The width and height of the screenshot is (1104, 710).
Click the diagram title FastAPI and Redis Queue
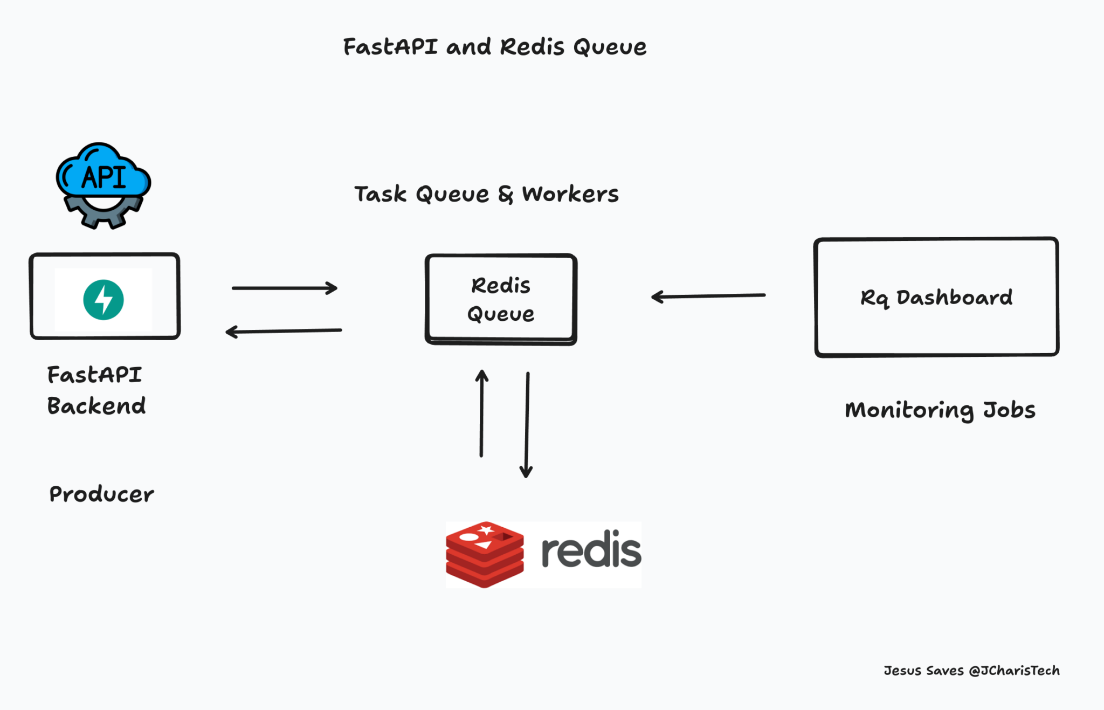(494, 47)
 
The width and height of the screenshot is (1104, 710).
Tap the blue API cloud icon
(103, 171)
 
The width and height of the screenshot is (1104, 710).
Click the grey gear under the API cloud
(103, 216)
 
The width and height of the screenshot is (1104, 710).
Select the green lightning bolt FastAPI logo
(103, 300)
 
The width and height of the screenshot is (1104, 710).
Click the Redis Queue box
(501, 299)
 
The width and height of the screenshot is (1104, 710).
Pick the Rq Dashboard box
(936, 297)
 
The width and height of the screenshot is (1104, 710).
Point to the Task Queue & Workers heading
(486, 194)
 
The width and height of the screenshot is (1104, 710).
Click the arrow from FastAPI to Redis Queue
(285, 288)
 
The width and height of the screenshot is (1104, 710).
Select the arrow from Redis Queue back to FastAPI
(284, 331)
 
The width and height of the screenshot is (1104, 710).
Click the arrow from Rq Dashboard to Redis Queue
(708, 296)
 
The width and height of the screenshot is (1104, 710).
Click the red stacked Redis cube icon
(485, 554)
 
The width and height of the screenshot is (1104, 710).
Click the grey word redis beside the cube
(591, 551)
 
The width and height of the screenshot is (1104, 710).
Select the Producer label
(101, 494)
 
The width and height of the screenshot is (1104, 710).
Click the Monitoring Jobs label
(940, 410)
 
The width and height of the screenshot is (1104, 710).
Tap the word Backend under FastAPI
(96, 406)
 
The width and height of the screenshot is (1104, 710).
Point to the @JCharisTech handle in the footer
(1014, 671)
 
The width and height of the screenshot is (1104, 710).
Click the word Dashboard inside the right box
(954, 297)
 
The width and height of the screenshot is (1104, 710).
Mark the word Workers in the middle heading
(570, 194)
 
